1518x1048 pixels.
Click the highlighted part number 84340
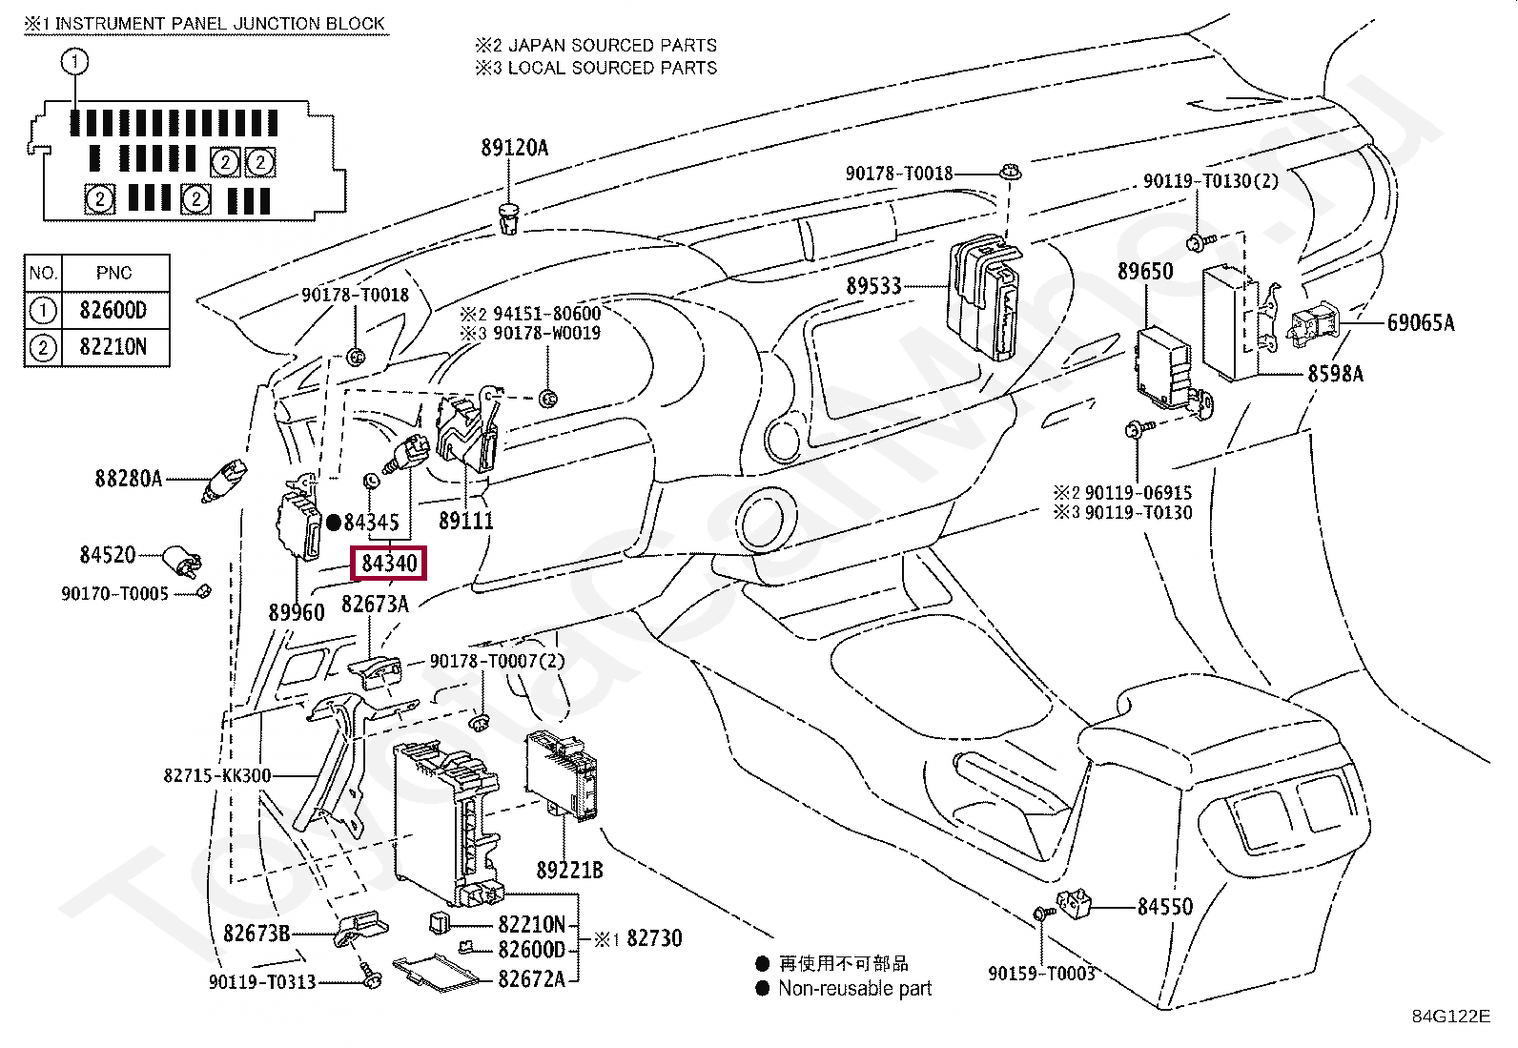click(x=388, y=564)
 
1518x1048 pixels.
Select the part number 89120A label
click(x=514, y=148)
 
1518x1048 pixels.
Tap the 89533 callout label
click(x=873, y=286)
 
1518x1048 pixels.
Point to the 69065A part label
click(x=1421, y=322)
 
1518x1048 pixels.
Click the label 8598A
click(x=1335, y=374)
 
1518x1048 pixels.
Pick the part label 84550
click(x=1164, y=906)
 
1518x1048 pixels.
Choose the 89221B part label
click(x=569, y=870)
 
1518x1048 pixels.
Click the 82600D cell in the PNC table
click(x=113, y=311)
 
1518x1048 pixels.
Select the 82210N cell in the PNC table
click(x=113, y=347)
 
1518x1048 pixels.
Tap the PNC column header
click(x=113, y=273)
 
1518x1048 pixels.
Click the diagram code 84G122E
click(x=1451, y=1017)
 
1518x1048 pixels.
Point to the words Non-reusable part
click(x=854, y=988)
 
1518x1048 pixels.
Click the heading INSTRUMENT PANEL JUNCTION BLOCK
click(x=219, y=24)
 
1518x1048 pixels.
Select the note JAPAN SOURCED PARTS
click(x=612, y=46)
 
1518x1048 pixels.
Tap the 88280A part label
click(x=129, y=479)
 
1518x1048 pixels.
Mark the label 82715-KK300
click(x=216, y=775)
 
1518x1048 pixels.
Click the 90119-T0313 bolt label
click(x=262, y=981)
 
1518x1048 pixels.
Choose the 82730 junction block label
click(x=654, y=938)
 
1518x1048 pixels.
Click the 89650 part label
click(x=1144, y=271)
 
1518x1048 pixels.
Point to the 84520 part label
click(x=108, y=554)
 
